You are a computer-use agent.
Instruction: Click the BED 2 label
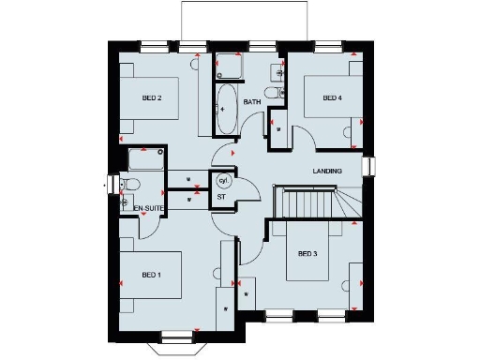pyautogui.click(x=153, y=97)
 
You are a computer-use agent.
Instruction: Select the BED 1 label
pyautogui.click(x=152, y=275)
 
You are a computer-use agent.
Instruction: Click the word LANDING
pyautogui.click(x=327, y=171)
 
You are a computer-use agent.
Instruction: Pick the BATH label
pyautogui.click(x=252, y=101)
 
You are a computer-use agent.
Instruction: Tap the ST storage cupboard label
pyautogui.click(x=222, y=198)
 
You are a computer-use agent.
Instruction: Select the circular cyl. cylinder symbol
pyautogui.click(x=223, y=180)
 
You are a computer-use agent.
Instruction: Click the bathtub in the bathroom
pyautogui.click(x=227, y=110)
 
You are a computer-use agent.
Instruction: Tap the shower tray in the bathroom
pyautogui.click(x=228, y=67)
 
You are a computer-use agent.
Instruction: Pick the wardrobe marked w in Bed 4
pyautogui.click(x=277, y=127)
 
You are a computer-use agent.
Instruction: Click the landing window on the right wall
pyautogui.click(x=368, y=166)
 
